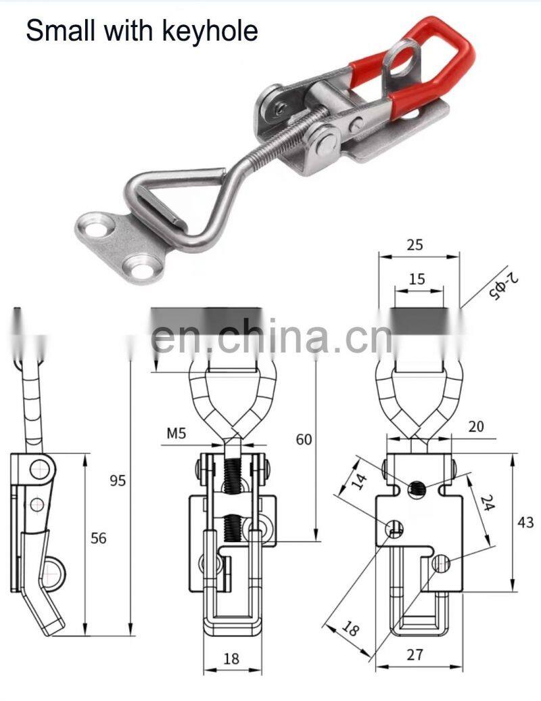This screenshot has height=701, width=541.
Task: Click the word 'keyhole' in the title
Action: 210,31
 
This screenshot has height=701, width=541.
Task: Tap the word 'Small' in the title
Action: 60,30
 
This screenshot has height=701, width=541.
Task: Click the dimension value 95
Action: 118,480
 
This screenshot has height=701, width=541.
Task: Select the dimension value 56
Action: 99,538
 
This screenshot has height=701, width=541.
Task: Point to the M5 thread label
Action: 177,433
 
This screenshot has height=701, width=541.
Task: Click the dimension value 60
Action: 304,439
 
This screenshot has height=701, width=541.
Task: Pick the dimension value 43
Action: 525,522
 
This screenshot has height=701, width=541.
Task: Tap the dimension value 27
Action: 415,654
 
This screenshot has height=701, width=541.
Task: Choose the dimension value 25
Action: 415,244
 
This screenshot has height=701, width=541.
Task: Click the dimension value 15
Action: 417,279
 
